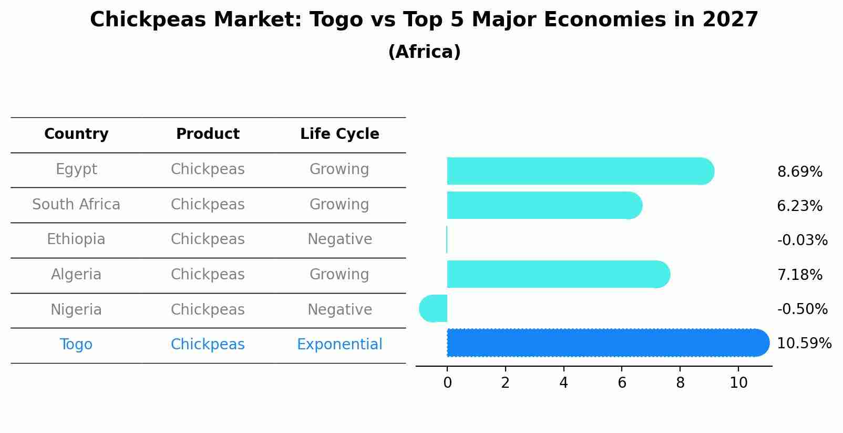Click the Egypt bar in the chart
click(581, 171)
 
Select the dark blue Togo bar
click(608, 343)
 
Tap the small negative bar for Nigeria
click(433, 308)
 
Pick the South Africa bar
click(544, 205)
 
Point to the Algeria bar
click(559, 274)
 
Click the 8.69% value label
click(800, 172)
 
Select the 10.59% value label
click(804, 344)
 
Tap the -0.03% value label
click(803, 240)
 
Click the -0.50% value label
click(803, 309)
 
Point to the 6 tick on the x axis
click(622, 382)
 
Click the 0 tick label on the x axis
click(447, 382)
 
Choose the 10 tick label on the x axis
click(738, 382)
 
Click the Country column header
click(76, 134)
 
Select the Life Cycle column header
click(340, 134)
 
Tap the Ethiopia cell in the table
click(76, 239)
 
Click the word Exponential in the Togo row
click(340, 345)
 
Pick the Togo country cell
click(76, 345)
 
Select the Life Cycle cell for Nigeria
click(340, 310)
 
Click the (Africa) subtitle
click(425, 52)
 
